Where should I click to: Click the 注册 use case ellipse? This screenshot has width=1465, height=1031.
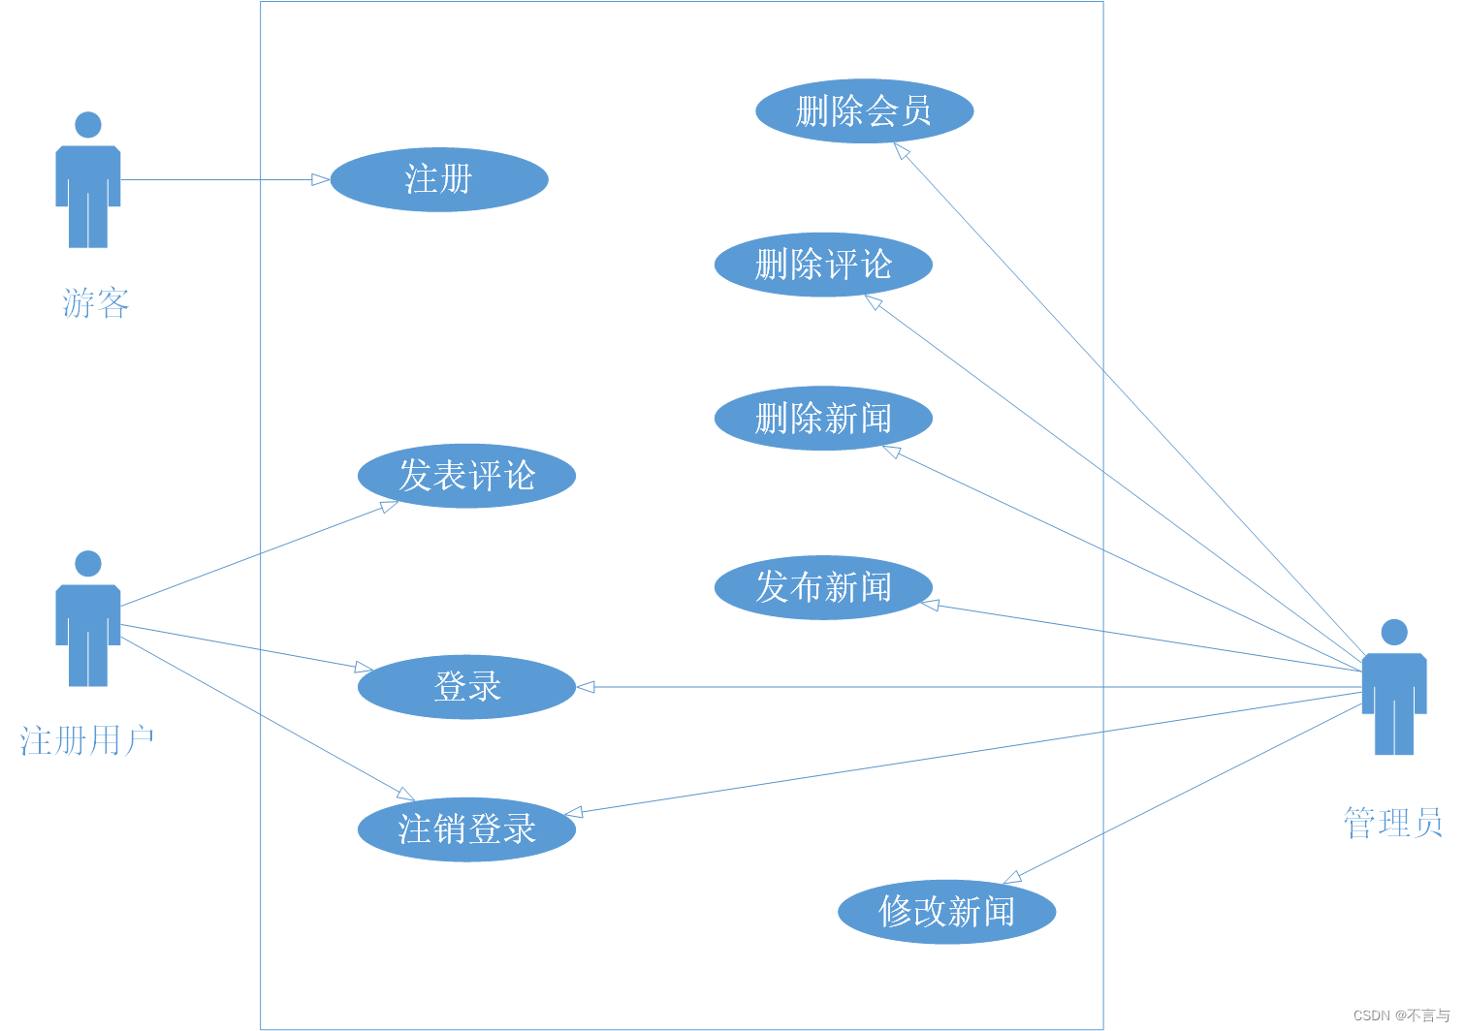coord(439,179)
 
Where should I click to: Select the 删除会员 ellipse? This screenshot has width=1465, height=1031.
coord(864,111)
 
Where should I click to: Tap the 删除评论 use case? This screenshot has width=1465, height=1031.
coord(823,265)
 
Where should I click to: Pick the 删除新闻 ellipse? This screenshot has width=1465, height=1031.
coord(823,419)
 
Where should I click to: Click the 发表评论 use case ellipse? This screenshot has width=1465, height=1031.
coord(466,476)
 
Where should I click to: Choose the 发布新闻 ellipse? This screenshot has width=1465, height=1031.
coord(823,587)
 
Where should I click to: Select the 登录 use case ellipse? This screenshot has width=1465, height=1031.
coord(466,687)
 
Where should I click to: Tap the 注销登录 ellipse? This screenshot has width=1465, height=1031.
coord(466,829)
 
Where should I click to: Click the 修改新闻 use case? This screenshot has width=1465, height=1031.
coord(946,912)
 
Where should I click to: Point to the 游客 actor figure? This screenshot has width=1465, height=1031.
coord(88,184)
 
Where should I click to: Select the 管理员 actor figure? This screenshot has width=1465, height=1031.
coord(1394,692)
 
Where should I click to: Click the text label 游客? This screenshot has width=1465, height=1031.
coord(96,303)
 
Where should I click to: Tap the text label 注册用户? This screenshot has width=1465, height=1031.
coord(87,741)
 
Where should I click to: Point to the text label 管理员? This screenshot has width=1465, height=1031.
coord(1393,823)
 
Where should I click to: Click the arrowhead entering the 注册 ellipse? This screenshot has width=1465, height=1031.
coord(321,179)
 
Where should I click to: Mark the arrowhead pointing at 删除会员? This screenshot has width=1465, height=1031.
coord(902,151)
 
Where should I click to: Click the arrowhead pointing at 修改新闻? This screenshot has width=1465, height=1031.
coord(1012,878)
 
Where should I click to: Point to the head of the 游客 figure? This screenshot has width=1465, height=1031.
coord(88,124)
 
